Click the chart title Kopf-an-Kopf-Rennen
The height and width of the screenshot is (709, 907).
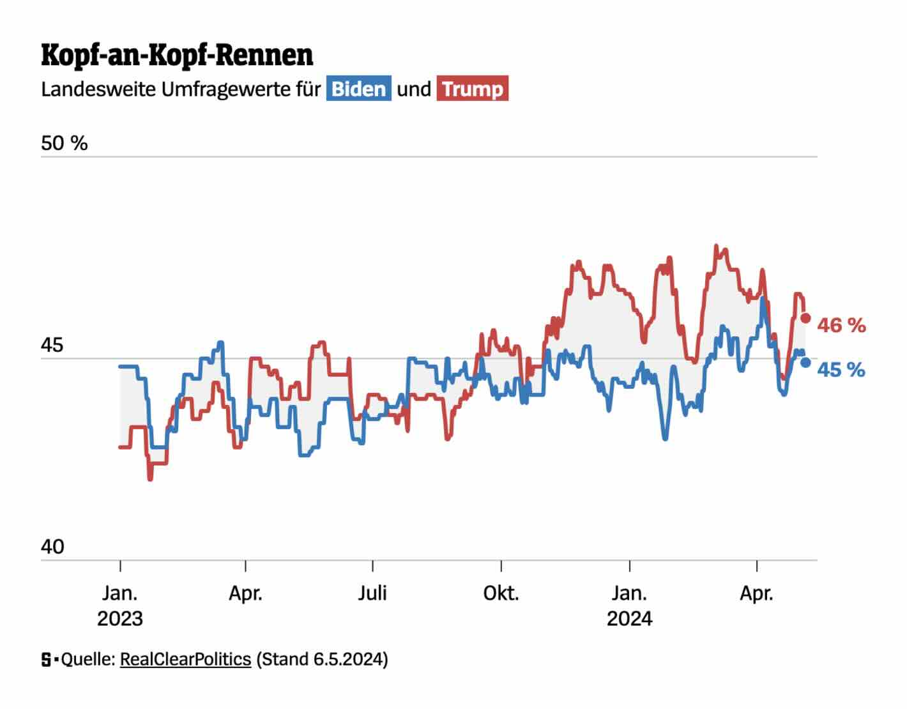pos(177,56)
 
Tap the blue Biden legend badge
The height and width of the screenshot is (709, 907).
pos(358,89)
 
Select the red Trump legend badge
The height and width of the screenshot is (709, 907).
pos(473,89)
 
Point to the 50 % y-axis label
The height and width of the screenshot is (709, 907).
pos(64,143)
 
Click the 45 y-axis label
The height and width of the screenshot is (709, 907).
pos(52,346)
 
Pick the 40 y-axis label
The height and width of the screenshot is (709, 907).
pos(52,547)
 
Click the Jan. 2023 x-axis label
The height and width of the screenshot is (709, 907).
pos(120,606)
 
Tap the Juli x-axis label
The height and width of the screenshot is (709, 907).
pos(372,593)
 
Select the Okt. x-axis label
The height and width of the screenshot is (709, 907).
pos(501,593)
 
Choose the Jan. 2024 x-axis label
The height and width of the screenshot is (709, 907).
pos(630,606)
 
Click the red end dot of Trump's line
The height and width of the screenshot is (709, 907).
pos(805,318)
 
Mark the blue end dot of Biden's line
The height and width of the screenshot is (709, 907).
pos(805,362)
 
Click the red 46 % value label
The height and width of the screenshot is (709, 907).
pos(841,326)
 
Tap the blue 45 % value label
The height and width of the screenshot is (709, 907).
pos(841,370)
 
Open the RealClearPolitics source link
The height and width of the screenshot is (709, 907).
pos(185,659)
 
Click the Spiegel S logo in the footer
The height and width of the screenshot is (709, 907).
pos(47,659)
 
